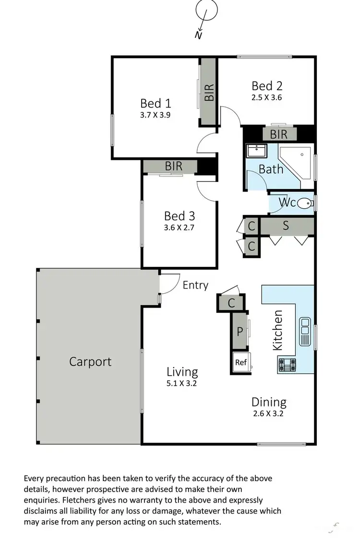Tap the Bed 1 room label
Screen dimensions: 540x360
tap(156, 103)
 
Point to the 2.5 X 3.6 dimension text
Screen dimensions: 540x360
tap(267, 97)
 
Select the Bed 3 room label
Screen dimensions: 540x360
tap(179, 216)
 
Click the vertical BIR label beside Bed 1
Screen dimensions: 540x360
tap(209, 92)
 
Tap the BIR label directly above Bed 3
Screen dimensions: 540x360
tap(174, 166)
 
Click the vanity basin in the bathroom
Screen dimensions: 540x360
tap(256, 151)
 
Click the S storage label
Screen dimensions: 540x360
tap(286, 226)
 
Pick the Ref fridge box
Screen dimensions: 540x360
tap(240, 363)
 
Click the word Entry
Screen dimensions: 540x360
tap(195, 285)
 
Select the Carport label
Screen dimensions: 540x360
tap(90, 361)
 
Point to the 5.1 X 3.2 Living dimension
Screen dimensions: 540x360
tap(182, 383)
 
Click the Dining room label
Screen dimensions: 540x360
tap(269, 402)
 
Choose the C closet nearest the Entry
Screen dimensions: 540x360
tap(231, 303)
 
